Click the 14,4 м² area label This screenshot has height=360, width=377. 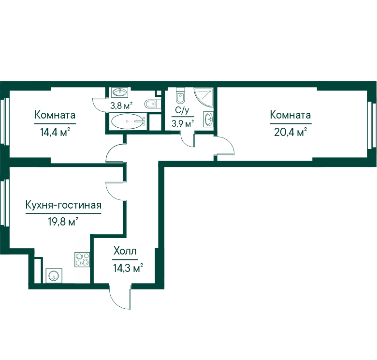point(55,132)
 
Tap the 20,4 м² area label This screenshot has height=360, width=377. point(290,132)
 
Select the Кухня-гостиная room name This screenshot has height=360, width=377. point(63,205)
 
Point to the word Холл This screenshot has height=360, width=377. point(125,251)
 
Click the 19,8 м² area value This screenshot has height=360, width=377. point(63,222)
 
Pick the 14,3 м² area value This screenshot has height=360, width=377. point(128,268)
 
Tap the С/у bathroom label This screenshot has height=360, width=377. point(182,110)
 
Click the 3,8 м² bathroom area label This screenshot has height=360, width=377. point(121,105)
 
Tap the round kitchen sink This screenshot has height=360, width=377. point(54,275)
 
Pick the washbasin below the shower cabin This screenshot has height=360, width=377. point(208,119)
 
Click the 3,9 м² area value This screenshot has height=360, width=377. point(183,124)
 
